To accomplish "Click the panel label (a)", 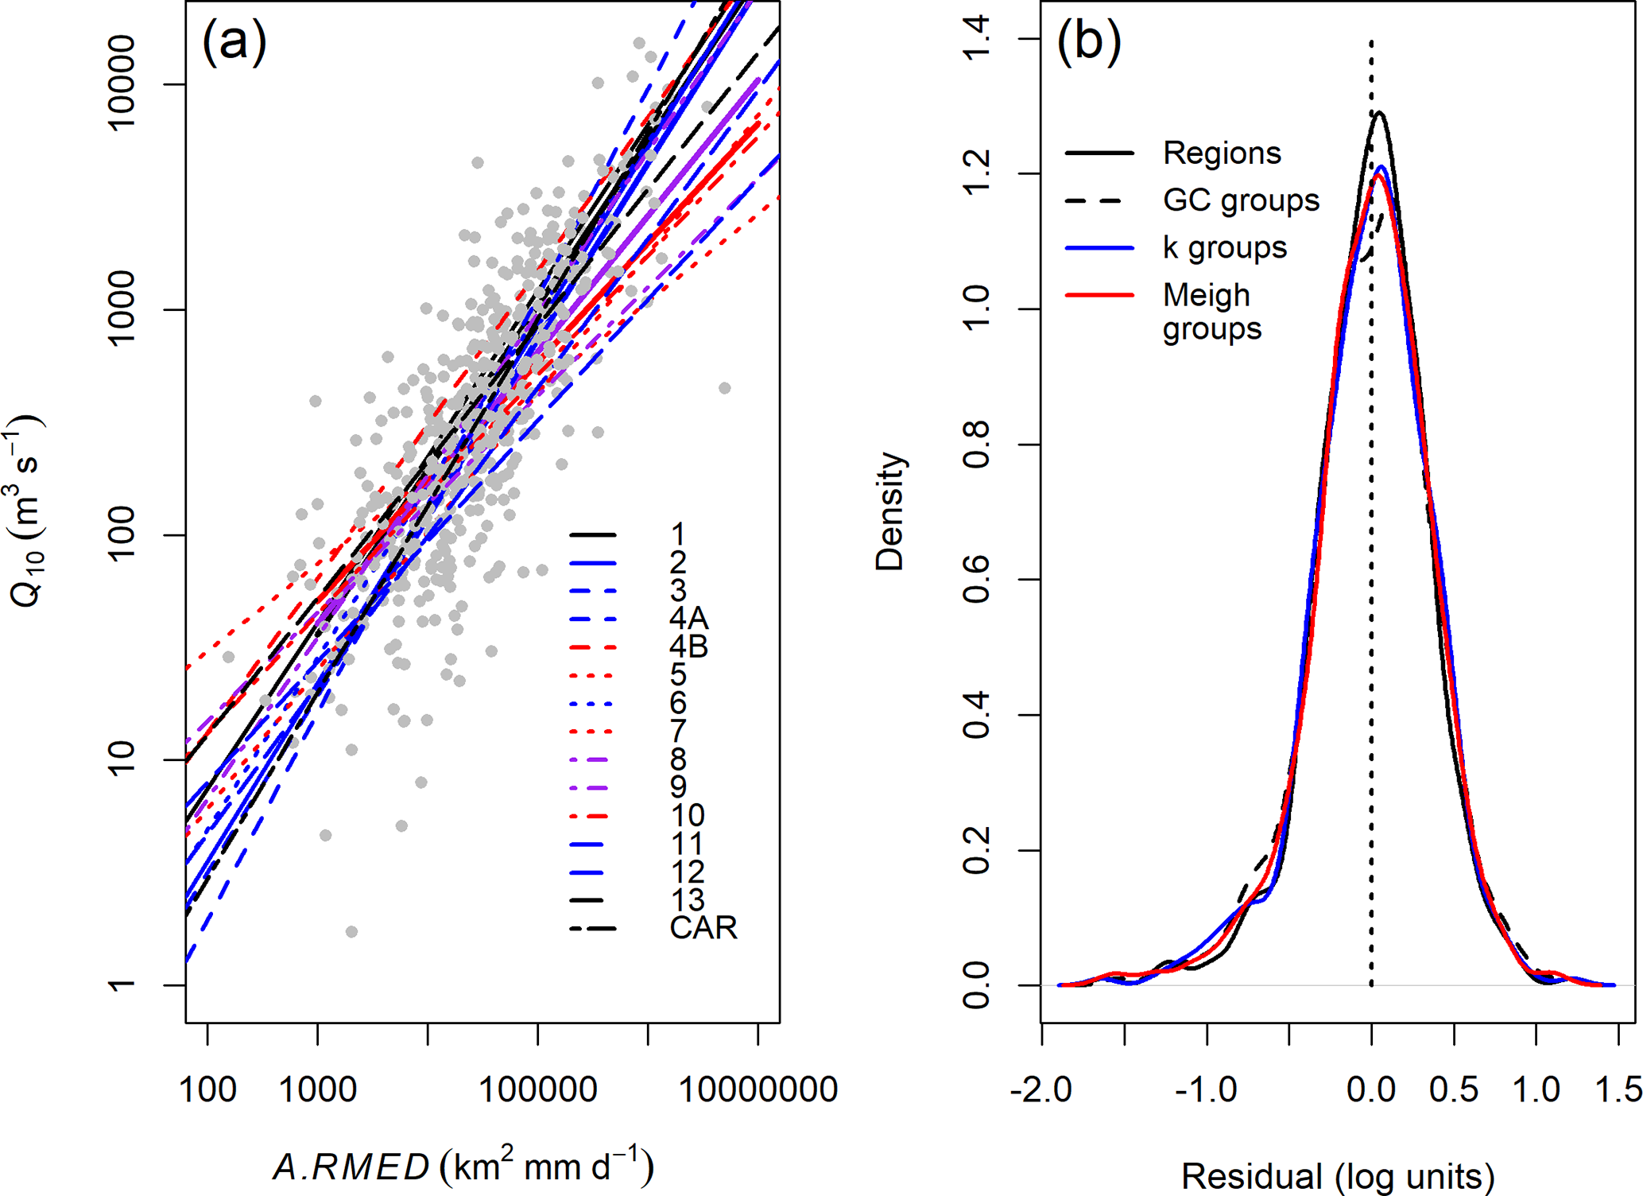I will [x=234, y=41].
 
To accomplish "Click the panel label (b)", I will [x=1088, y=41].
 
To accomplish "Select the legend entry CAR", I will [x=703, y=928].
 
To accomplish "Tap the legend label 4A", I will [x=688, y=619].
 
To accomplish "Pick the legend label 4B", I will [x=688, y=647].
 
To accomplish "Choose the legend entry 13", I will [x=688, y=900].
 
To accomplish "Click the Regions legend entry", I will [x=1222, y=153].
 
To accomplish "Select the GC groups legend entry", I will [x=1241, y=200].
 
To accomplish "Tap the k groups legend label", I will [x=1224, y=248].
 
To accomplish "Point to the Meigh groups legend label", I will [x=1211, y=312].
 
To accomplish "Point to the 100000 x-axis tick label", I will [x=538, y=1089].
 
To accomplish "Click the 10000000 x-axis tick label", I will [x=758, y=1089].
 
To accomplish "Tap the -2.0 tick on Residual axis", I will [x=1041, y=1089].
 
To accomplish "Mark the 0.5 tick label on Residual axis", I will [x=1454, y=1089].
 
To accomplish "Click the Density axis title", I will [x=890, y=511].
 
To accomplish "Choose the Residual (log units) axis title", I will [x=1338, y=1175].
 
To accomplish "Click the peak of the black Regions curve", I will [x=1379, y=113].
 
